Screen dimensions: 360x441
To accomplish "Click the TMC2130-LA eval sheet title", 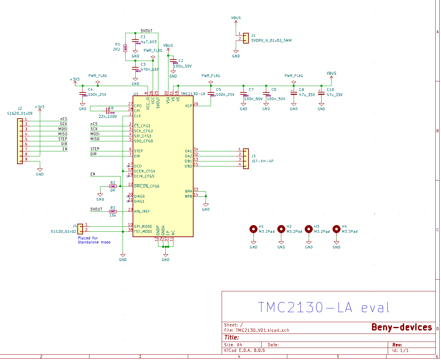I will click(x=323, y=307).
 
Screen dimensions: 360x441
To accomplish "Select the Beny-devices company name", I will click(x=401, y=327).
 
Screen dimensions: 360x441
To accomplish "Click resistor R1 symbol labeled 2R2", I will click(x=125, y=48).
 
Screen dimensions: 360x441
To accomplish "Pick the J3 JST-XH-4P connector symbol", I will click(x=246, y=159).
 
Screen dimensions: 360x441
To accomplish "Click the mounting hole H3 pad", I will click(x=309, y=229).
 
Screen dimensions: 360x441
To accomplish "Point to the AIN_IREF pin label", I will click(x=142, y=211).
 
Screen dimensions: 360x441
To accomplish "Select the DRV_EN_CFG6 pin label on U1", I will click(x=146, y=186).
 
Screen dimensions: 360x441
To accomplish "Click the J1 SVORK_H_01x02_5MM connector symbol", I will click(x=246, y=38).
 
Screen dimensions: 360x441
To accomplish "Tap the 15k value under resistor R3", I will click(x=113, y=215).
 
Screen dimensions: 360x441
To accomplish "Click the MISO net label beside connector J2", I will click(x=63, y=134).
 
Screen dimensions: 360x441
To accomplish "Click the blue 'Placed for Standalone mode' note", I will click(x=94, y=240).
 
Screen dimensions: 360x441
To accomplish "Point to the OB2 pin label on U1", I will click(x=189, y=166).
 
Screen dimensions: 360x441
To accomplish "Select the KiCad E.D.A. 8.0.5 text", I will click(x=244, y=350).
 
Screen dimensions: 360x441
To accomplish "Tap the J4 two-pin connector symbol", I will click(x=80, y=229).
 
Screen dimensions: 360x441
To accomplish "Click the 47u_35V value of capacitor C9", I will click(x=307, y=95).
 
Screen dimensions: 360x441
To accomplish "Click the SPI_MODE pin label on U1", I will click(x=143, y=226).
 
